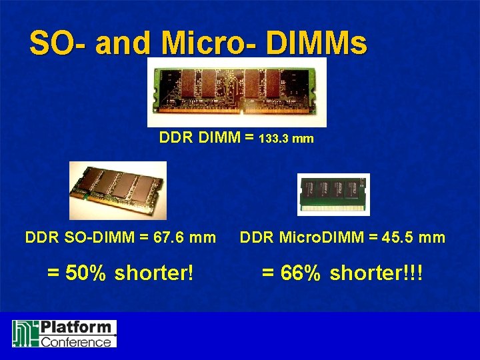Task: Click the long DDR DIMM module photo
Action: coord(237,93)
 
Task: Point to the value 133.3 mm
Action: coord(286,140)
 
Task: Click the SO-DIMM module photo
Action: coord(117,190)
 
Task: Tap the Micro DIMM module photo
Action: coord(333,194)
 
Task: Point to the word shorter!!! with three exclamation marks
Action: coord(377,273)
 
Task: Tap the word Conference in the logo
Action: coord(76,342)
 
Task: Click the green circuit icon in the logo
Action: coord(25,334)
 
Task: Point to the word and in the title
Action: coord(125,43)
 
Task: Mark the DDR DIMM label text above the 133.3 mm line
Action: coord(200,138)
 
